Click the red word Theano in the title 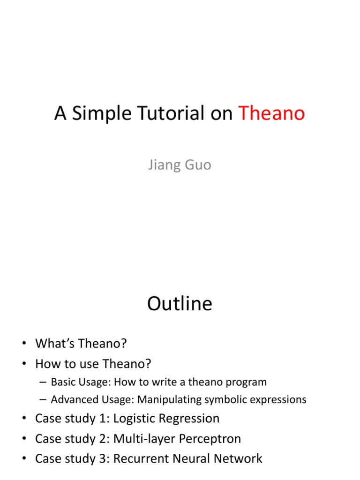point(272,113)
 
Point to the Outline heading point(180,304)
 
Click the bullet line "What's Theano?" point(81,344)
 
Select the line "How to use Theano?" point(93,363)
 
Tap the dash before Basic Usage point(43,382)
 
